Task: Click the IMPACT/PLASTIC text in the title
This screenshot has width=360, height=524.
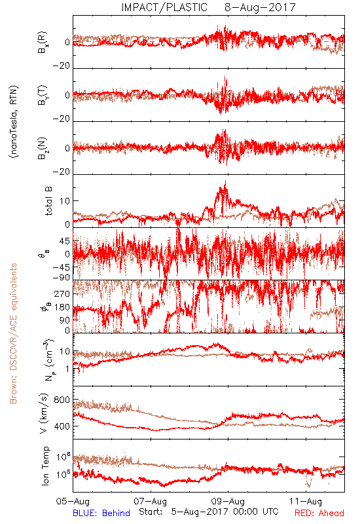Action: pyautogui.click(x=164, y=7)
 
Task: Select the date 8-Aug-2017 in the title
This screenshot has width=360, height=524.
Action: pyautogui.click(x=260, y=7)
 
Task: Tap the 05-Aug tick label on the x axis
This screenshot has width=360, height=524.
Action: pyautogui.click(x=73, y=501)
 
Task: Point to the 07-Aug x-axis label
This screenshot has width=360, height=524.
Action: pyautogui.click(x=151, y=501)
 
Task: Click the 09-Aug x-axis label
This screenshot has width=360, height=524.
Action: pyautogui.click(x=228, y=501)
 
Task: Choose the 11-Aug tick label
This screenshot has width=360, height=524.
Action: pyautogui.click(x=306, y=501)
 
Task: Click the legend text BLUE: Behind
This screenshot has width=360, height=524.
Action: pyautogui.click(x=101, y=513)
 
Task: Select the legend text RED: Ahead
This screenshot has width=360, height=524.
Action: pyautogui.click(x=319, y=513)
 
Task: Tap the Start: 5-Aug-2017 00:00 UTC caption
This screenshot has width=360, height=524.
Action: pyautogui.click(x=209, y=512)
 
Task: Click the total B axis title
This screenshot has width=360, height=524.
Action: pyautogui.click(x=48, y=201)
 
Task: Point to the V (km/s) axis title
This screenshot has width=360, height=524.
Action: pyautogui.click(x=45, y=413)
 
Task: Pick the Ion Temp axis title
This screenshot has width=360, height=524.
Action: pyautogui.click(x=45, y=466)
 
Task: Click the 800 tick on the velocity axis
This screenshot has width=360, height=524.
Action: pyautogui.click(x=62, y=400)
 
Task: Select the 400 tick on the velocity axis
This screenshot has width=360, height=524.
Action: pyautogui.click(x=62, y=426)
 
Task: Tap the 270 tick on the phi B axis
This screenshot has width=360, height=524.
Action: pyautogui.click(x=62, y=294)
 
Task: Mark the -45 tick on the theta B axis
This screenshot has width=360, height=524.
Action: pyautogui.click(x=61, y=268)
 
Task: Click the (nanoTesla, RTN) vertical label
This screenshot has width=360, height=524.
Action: pyautogui.click(x=14, y=122)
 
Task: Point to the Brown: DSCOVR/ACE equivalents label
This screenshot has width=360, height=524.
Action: pyautogui.click(x=13, y=333)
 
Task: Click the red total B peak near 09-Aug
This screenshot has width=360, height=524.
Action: pyautogui.click(x=225, y=181)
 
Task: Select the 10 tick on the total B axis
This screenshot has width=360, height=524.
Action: pyautogui.click(x=65, y=201)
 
